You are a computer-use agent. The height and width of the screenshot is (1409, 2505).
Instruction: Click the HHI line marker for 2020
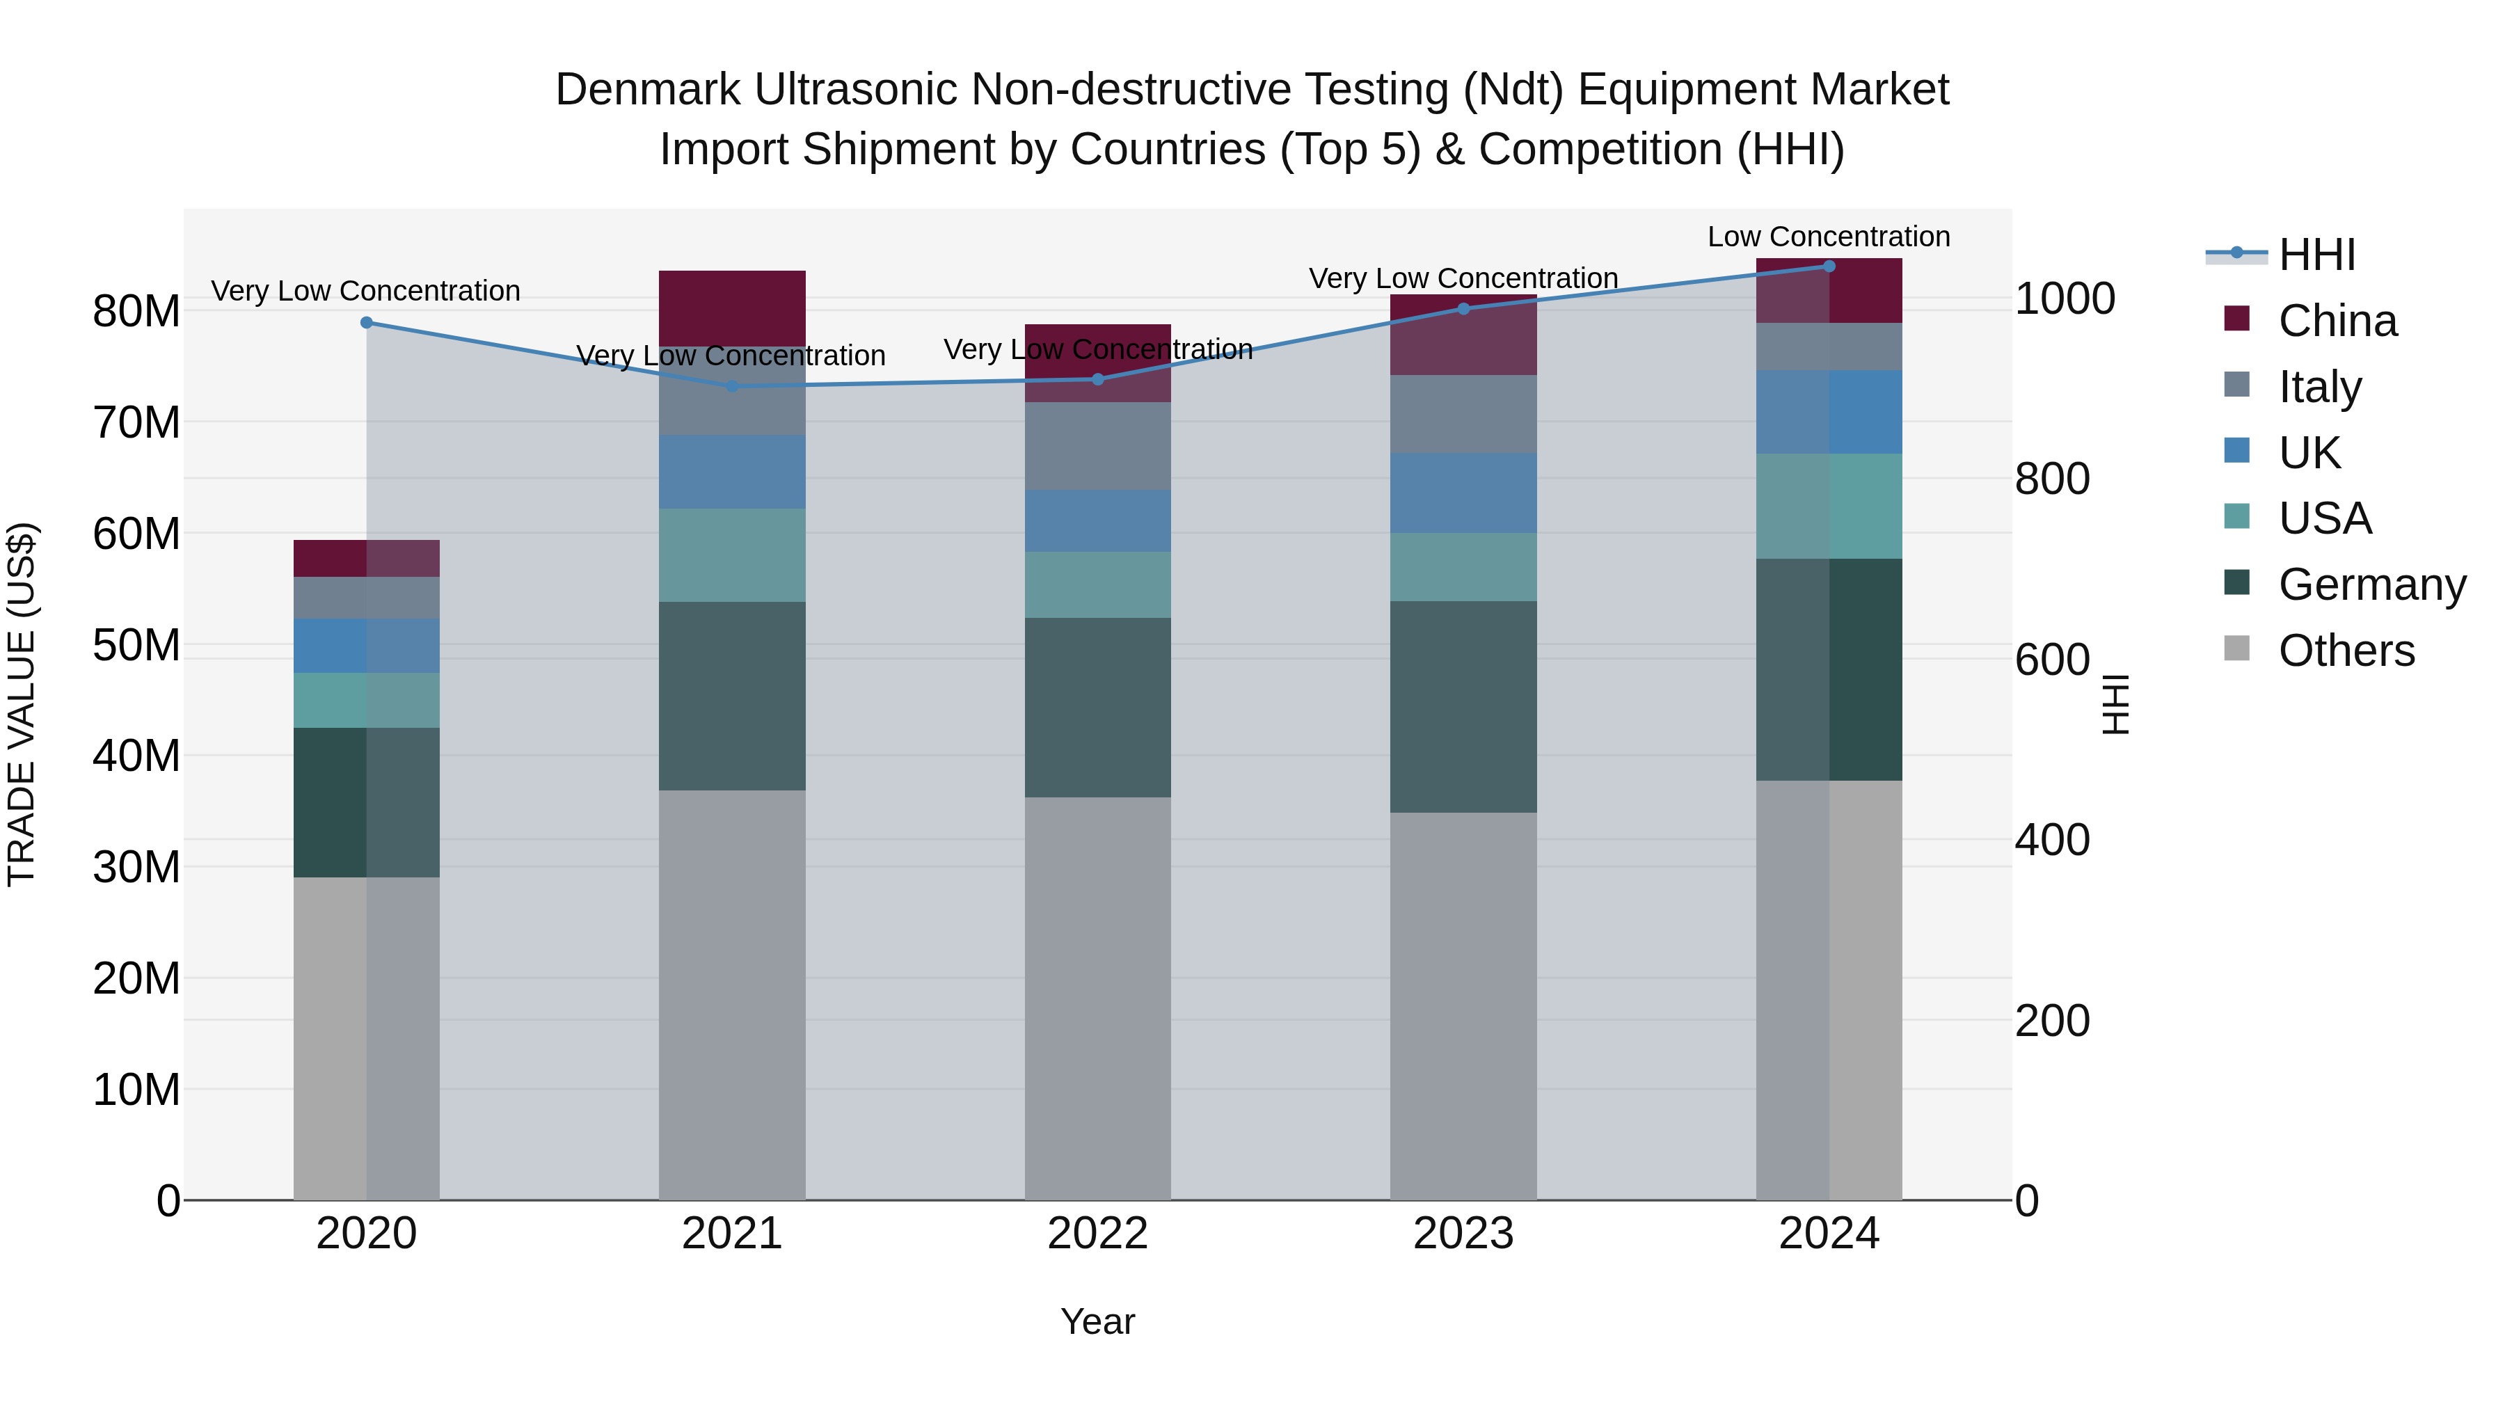tap(367, 323)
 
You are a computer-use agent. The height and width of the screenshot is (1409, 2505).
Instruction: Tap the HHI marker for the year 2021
tap(732, 386)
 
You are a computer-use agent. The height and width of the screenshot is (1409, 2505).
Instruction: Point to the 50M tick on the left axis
tap(136, 645)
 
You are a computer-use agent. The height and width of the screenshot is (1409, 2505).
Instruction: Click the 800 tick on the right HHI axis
tap(2052, 479)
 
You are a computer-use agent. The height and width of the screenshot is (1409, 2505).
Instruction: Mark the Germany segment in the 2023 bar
tap(1463, 706)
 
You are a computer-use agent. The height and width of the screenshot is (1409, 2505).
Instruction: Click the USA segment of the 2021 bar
tap(732, 555)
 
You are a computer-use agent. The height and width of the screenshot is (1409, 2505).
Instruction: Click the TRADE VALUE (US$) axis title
tap(22, 704)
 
